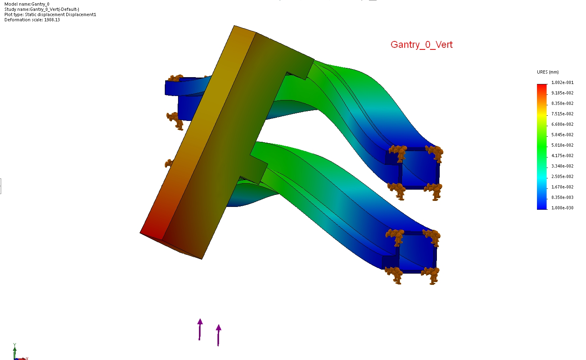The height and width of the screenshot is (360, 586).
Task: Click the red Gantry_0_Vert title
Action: coord(422,45)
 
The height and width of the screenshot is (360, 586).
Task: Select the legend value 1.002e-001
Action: coord(562,83)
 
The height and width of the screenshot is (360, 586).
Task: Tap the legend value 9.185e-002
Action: coord(562,93)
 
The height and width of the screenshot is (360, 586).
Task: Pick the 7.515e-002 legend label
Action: coord(562,114)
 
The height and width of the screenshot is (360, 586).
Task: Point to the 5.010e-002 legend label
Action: coord(562,145)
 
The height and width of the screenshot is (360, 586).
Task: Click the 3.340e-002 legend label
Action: coord(562,166)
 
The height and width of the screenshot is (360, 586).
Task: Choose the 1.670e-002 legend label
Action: coord(562,187)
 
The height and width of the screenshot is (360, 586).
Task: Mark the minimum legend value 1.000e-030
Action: coord(562,208)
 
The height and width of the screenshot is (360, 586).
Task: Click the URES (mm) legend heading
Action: coord(547,72)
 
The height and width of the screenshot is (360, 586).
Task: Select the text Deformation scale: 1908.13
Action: coord(32,20)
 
